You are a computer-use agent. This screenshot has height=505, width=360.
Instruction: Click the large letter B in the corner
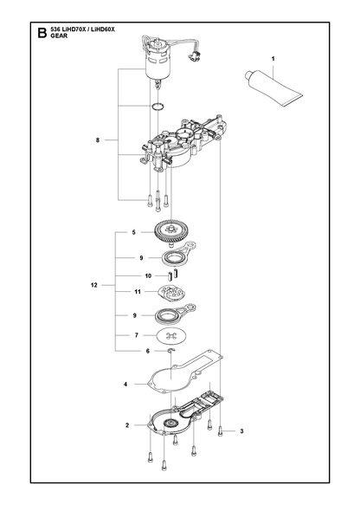(x=42, y=33)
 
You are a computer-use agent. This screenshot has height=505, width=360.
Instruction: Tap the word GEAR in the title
(x=59, y=36)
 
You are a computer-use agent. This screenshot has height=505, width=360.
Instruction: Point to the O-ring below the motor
(x=158, y=106)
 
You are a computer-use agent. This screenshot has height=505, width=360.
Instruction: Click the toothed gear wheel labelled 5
(x=170, y=232)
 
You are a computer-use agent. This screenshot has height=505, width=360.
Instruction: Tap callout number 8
(x=98, y=140)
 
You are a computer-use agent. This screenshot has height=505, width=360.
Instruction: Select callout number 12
(x=94, y=285)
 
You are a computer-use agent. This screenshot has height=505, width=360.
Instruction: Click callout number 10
(x=148, y=276)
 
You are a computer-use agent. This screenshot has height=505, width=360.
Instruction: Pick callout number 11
(x=138, y=292)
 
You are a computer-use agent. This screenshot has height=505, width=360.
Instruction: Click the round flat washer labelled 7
(x=171, y=336)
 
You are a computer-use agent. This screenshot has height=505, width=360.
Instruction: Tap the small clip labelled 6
(x=171, y=351)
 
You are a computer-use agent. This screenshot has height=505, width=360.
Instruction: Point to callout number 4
(x=125, y=385)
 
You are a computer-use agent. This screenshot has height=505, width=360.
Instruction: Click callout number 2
(x=127, y=425)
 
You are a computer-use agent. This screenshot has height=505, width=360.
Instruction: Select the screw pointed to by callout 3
(x=221, y=431)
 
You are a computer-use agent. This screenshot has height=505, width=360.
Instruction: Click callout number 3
(x=242, y=431)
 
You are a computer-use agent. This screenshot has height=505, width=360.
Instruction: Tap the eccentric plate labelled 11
(x=172, y=293)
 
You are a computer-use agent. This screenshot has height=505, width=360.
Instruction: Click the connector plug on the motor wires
(x=194, y=56)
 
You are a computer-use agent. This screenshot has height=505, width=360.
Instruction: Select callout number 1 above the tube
(x=273, y=59)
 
